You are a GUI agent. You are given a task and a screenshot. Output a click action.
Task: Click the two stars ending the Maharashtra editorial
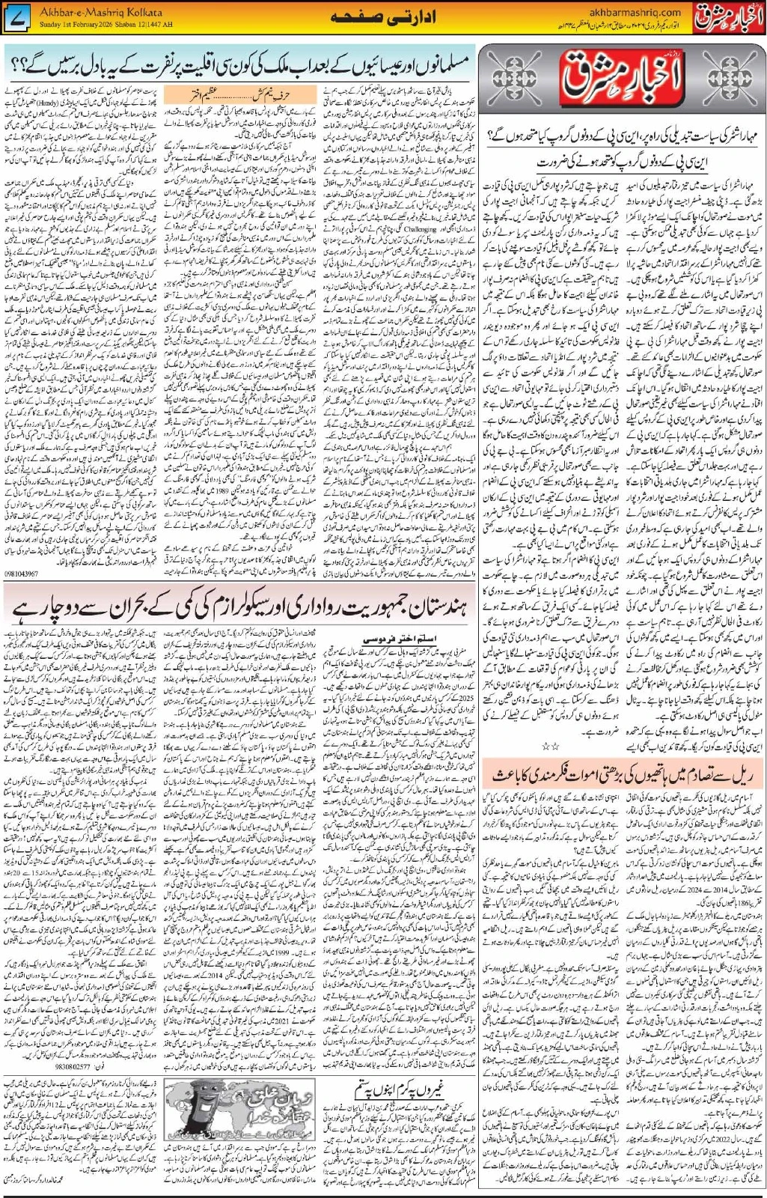click(x=550, y=746)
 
